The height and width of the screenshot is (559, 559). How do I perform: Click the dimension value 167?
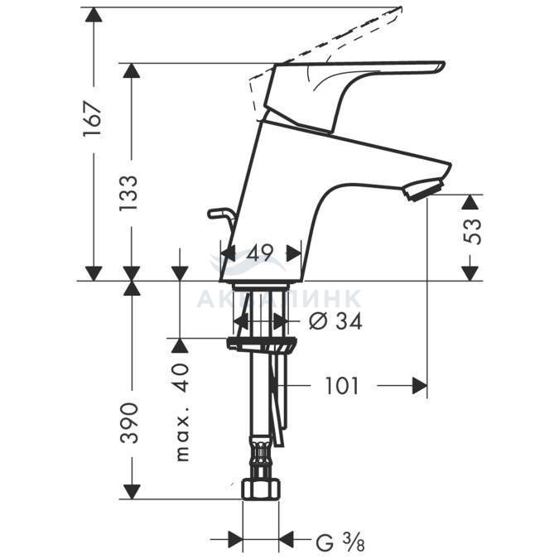click(x=93, y=119)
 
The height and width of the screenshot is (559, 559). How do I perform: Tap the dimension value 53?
click(x=472, y=232)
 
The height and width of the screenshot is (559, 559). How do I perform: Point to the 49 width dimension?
click(x=260, y=253)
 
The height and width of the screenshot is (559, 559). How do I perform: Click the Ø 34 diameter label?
click(x=335, y=321)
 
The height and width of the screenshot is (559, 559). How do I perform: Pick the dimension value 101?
click(x=341, y=386)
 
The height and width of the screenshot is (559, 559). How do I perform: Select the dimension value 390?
click(x=128, y=423)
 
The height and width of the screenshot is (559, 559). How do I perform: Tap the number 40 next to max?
click(x=181, y=378)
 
